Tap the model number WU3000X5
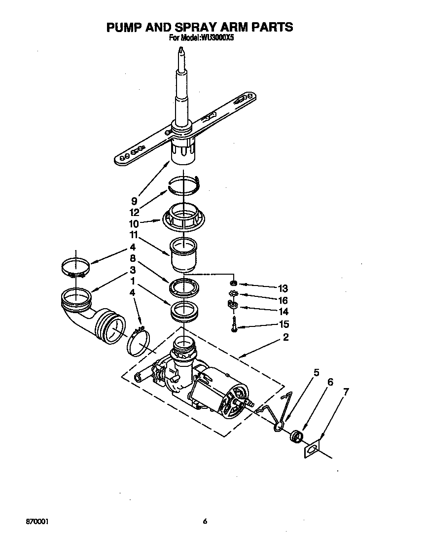[x=213, y=37]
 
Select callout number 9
[x=134, y=201]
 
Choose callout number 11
[x=134, y=235]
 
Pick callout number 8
[x=133, y=258]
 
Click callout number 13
[x=283, y=288]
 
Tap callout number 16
[x=283, y=300]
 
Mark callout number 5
[x=317, y=373]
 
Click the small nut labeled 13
[x=234, y=284]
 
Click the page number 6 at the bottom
[x=204, y=521]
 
